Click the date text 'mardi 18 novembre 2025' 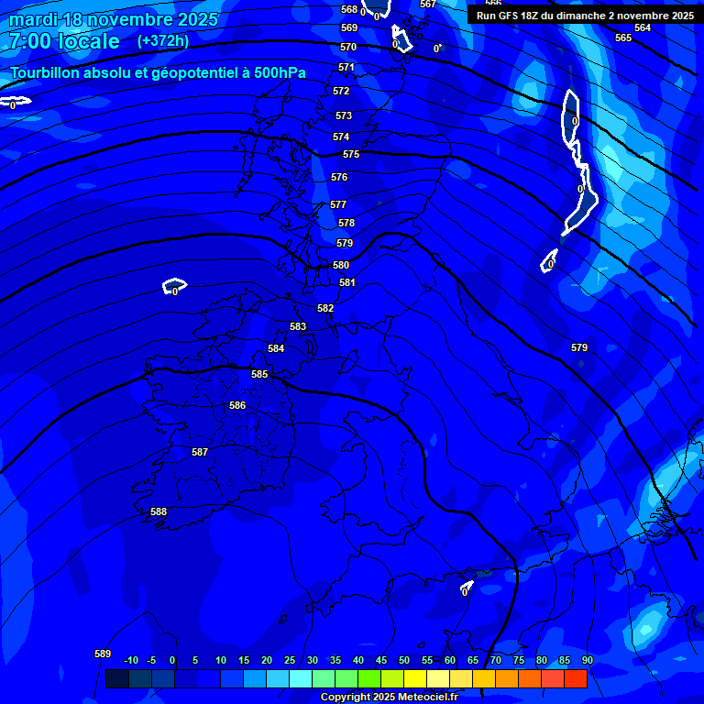[114, 19]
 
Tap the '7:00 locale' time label [65, 41]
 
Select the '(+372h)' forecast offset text [163, 41]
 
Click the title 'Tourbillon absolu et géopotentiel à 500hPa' [159, 73]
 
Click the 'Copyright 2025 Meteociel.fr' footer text [389, 697]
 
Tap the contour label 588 [159, 511]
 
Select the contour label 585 [259, 374]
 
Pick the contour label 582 [325, 308]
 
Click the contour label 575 [351, 154]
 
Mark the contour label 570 [348, 47]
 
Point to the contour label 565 [623, 38]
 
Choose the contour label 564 [643, 27]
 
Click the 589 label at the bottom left [103, 654]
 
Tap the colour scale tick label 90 [587, 660]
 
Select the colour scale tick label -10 [131, 660]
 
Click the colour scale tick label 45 [381, 660]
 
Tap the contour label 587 [200, 452]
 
